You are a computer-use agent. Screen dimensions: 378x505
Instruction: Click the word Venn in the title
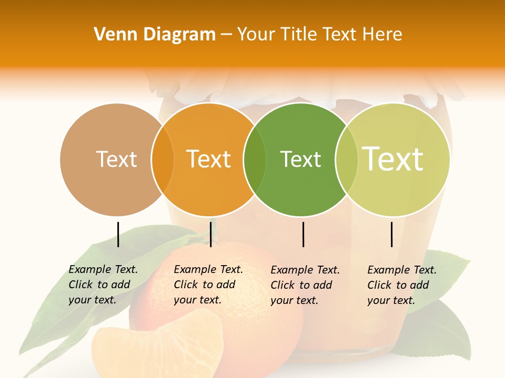(113, 34)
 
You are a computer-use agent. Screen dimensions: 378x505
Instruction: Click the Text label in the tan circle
(117, 159)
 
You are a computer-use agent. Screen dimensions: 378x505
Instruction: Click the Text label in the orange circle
(209, 159)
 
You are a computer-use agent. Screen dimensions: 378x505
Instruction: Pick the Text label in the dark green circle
(300, 159)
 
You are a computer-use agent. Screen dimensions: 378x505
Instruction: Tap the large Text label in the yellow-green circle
(393, 159)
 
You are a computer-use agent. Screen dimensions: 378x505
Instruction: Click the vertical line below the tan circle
(118, 234)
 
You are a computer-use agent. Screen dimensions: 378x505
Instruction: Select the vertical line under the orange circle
(210, 234)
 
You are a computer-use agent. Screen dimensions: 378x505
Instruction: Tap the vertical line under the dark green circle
(303, 234)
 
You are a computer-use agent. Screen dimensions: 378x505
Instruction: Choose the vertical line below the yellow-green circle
(391, 234)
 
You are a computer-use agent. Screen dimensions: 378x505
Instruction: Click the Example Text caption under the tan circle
(103, 285)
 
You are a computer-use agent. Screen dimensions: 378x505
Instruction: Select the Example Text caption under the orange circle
(208, 285)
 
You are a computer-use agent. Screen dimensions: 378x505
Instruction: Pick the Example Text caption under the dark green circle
(305, 285)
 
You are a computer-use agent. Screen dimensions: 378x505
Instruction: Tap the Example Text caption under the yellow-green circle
(401, 285)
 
